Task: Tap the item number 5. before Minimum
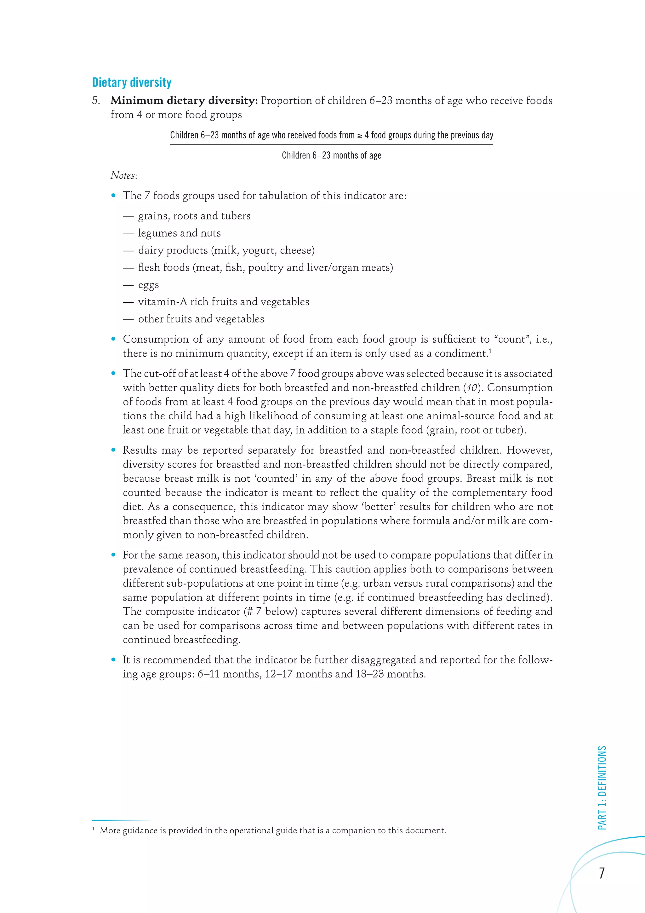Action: coord(96,100)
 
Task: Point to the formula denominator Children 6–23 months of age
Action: coord(331,155)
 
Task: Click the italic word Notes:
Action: coord(124,175)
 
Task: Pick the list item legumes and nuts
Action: coord(179,233)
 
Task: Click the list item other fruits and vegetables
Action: coord(201,319)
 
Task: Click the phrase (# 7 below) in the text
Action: coord(271,611)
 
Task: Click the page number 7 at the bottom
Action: coord(602,873)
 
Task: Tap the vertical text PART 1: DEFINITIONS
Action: coord(602,787)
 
